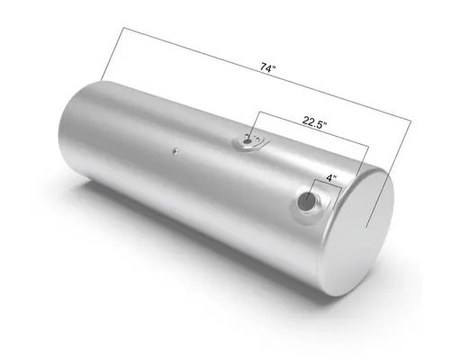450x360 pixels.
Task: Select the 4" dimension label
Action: pos(330,179)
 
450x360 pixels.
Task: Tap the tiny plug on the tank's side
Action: pos(175,151)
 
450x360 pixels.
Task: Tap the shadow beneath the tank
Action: pos(225,261)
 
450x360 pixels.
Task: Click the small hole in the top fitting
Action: pos(249,139)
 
